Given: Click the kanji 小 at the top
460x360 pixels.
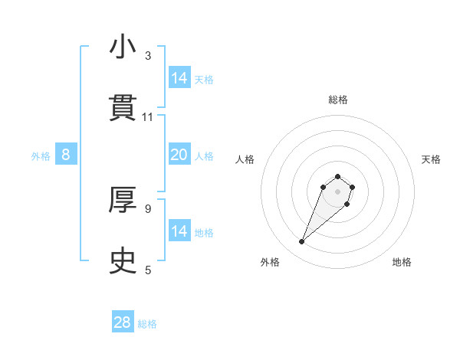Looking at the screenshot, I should pyautogui.click(x=123, y=47).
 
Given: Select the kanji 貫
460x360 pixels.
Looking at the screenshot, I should pyautogui.click(x=123, y=108).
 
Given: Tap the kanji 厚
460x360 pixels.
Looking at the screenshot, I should pyautogui.click(x=123, y=201).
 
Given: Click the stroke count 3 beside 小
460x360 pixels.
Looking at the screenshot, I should pyautogui.click(x=148, y=56).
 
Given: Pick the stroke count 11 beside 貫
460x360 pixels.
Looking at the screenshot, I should pyautogui.click(x=148, y=117).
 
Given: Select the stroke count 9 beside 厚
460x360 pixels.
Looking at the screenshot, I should pyautogui.click(x=148, y=208).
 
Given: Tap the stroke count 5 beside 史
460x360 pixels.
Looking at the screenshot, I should pyautogui.click(x=148, y=270).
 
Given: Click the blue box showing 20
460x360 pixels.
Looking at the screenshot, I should pyautogui.click(x=179, y=155).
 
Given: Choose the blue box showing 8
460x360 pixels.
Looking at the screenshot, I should pyautogui.click(x=66, y=155).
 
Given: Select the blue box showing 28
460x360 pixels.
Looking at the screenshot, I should pyautogui.click(x=123, y=322).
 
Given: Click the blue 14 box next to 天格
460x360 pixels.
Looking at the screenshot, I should pyautogui.click(x=179, y=77).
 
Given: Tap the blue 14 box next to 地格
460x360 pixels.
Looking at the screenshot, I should pyautogui.click(x=179, y=231).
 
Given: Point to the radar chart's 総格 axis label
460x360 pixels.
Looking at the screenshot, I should pyautogui.click(x=338, y=100).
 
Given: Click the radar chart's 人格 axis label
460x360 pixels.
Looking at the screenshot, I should pyautogui.click(x=245, y=159).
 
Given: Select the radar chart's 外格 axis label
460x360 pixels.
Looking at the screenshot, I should pyautogui.click(x=270, y=262).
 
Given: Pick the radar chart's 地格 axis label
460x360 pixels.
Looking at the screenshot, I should pyautogui.click(x=402, y=262).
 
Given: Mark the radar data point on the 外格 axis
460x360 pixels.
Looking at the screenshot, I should pyautogui.click(x=302, y=242).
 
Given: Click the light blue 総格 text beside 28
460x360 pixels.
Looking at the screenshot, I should pyautogui.click(x=147, y=324).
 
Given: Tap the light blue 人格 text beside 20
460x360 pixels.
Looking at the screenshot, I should pyautogui.click(x=204, y=155).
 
